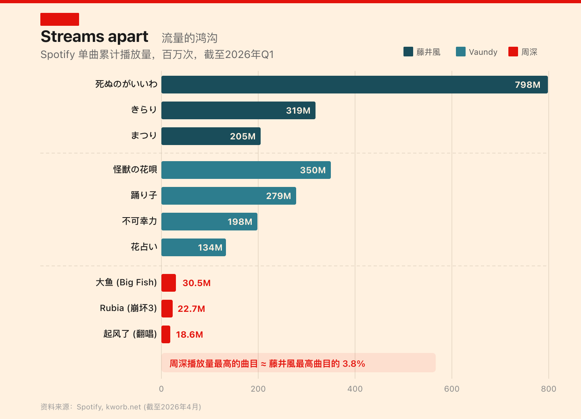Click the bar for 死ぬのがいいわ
[x=354, y=85]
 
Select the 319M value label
[x=298, y=111]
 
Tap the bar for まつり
[x=211, y=136]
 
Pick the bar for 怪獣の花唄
[x=246, y=170]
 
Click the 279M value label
[x=278, y=196]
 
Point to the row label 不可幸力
[x=139, y=221]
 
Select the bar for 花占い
[x=193, y=247]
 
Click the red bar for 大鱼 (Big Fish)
[x=169, y=283]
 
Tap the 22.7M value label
[x=191, y=309]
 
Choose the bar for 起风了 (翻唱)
[x=166, y=334]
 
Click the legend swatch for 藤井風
[x=408, y=52]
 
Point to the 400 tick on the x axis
[x=355, y=389]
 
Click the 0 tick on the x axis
[x=161, y=389]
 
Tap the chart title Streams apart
[x=94, y=37]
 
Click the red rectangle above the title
[x=60, y=19]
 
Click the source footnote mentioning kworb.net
[x=121, y=407]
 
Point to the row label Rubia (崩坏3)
[x=128, y=309]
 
